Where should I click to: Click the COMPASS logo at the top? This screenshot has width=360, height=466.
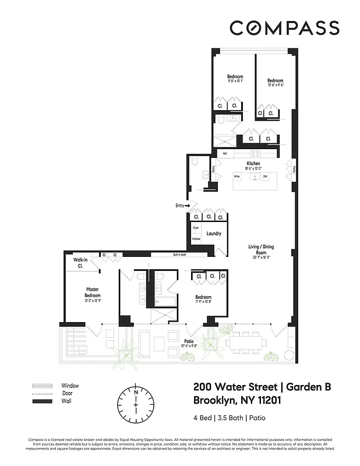[x=284, y=27]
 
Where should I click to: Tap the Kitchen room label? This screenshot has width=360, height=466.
[x=253, y=164]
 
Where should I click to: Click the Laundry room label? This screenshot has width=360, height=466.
[x=214, y=234]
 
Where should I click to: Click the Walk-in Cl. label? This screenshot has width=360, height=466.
[x=80, y=263]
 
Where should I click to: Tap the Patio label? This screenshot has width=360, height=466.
[x=189, y=341]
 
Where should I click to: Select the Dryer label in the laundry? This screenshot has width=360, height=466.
[x=196, y=228]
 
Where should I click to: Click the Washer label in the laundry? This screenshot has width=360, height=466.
[x=196, y=239]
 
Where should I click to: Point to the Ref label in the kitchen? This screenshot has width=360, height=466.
[x=224, y=153]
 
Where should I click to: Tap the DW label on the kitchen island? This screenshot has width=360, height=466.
[x=265, y=176]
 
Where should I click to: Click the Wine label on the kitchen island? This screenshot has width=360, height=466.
[x=237, y=176]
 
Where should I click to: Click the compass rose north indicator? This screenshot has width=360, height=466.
[x=135, y=392]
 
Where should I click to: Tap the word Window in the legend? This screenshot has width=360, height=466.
[x=70, y=386]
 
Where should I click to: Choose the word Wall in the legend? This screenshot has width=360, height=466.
[x=66, y=402]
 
